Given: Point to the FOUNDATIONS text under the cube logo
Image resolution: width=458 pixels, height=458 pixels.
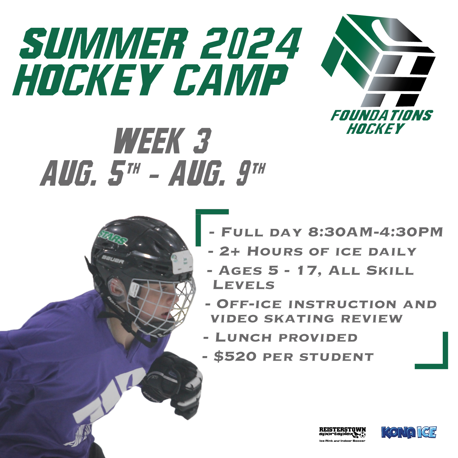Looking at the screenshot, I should click(x=381, y=116).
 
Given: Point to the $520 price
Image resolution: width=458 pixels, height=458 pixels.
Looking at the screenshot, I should click(x=235, y=356).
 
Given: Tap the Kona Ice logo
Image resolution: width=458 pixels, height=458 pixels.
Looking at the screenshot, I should click(x=409, y=432).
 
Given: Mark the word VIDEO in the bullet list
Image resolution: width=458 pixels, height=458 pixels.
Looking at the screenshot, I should click(x=235, y=319).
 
